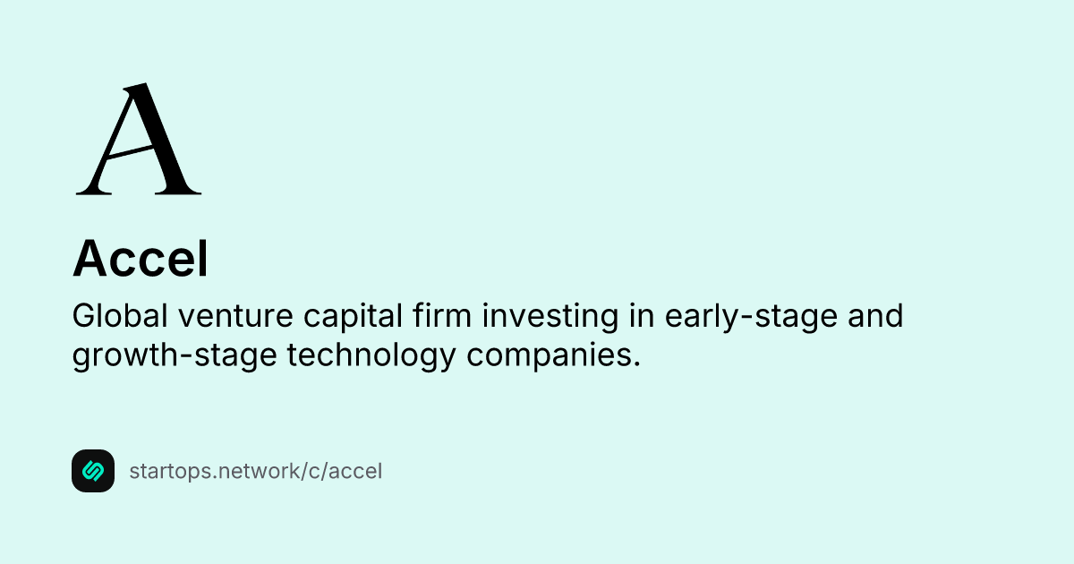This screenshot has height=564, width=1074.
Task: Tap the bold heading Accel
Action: pos(140,259)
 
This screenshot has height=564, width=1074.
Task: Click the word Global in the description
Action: pos(120,315)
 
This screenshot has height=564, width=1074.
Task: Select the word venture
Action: pos(235,317)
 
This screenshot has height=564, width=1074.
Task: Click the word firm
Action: pos(442,315)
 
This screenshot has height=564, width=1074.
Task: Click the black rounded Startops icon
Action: pos(93,471)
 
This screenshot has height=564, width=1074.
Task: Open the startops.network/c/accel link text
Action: pos(256,472)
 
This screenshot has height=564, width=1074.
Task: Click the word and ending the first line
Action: pos(875,315)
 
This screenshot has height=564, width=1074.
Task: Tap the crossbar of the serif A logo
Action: pos(131,151)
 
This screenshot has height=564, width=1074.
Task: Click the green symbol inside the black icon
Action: pos(93,471)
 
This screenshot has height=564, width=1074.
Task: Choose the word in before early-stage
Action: pos(642,315)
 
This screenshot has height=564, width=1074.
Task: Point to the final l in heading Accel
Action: pos(204,258)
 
